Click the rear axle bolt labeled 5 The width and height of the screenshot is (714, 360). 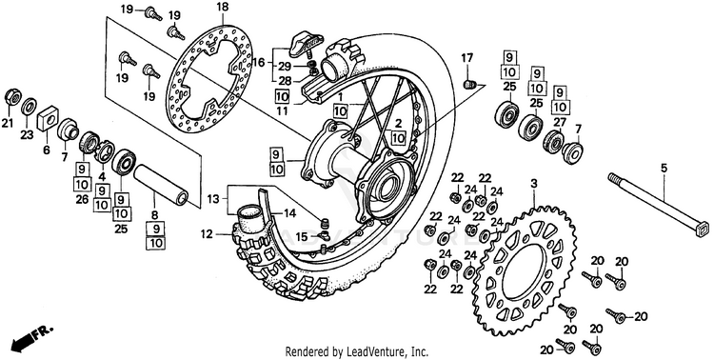click(x=657, y=204)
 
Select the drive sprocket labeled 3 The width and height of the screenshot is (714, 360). click(x=525, y=269)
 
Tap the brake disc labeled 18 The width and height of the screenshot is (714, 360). click(x=209, y=77)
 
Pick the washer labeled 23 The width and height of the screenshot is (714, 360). click(x=30, y=106)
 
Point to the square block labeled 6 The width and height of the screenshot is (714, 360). click(x=49, y=119)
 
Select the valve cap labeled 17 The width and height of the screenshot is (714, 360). click(x=468, y=84)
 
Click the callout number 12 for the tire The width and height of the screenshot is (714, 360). click(x=206, y=234)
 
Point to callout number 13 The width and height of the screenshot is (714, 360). click(x=213, y=199)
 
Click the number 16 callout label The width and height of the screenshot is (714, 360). click(x=259, y=63)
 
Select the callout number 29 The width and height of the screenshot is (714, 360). click(x=285, y=67)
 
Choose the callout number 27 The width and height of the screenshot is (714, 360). click(x=560, y=122)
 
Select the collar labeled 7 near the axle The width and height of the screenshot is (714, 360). click(x=572, y=151)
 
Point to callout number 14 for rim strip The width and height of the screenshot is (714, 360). click(x=290, y=212)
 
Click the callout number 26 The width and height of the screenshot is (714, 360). click(x=83, y=199)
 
